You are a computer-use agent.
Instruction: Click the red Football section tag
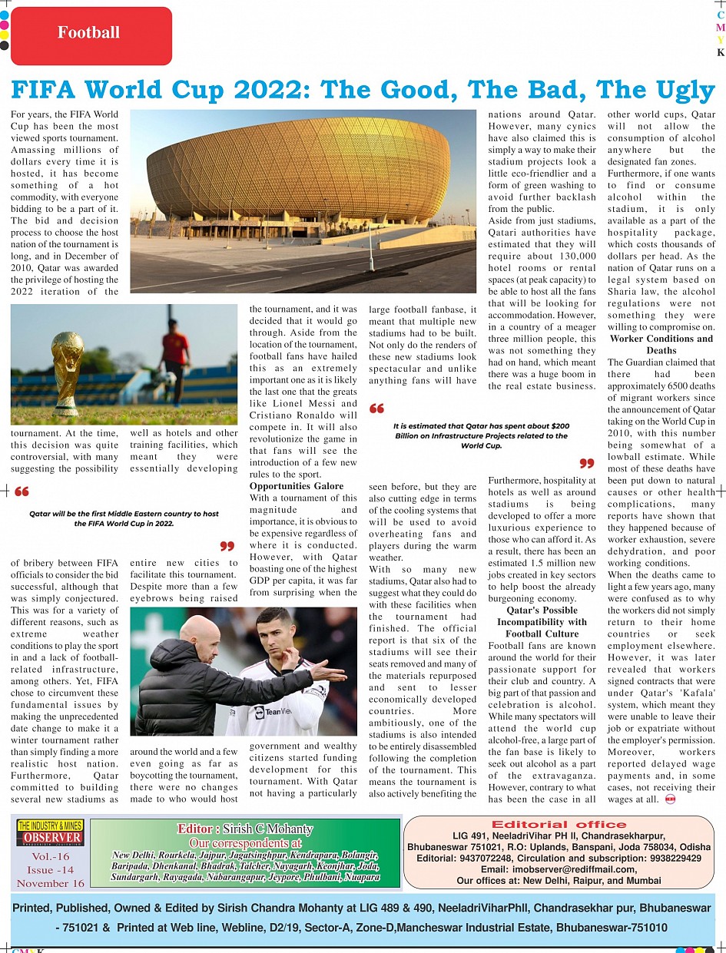pos(91,33)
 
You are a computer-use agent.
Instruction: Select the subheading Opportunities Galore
pos(297,486)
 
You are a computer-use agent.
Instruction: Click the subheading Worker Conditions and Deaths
pos(661,344)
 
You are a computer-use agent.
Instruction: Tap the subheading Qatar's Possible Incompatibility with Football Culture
pos(542,622)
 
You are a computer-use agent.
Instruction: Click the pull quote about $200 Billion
pos(482,435)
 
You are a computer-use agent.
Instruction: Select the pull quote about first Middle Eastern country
pos(124,518)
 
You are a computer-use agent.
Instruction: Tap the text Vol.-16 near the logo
pos(51,856)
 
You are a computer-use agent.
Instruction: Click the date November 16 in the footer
pos(51,883)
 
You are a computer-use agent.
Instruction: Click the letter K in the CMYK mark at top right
pos(721,53)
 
